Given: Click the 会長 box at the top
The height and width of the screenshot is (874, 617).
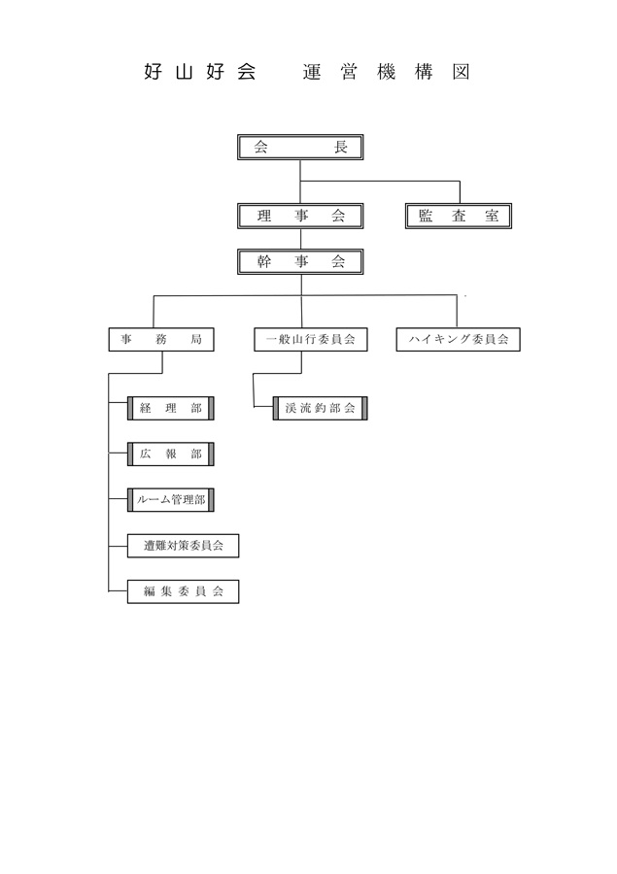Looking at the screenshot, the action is (300, 148).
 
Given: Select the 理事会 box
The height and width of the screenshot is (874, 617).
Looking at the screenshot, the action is (300, 216).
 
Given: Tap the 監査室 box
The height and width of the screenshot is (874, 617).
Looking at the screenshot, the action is (458, 216).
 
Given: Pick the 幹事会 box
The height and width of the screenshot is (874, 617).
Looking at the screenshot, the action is (300, 261).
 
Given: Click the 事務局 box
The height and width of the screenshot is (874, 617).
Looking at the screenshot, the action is (161, 340).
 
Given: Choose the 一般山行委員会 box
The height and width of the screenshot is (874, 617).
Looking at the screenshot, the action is (311, 340).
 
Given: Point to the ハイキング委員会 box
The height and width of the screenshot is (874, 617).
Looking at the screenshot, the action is (458, 340).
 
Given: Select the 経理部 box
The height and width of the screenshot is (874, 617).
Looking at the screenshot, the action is (171, 408).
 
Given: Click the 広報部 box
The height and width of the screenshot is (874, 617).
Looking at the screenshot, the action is (171, 454).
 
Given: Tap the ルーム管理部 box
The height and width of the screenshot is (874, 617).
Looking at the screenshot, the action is (171, 500).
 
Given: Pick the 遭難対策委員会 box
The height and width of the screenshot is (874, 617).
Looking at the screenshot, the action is (183, 546).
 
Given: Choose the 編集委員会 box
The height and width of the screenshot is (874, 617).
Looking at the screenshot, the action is (183, 591).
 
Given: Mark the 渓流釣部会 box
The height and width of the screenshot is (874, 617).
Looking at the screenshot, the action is (321, 408).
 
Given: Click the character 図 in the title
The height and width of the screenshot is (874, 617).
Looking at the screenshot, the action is (461, 72).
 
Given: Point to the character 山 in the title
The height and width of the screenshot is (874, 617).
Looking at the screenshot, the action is (184, 72).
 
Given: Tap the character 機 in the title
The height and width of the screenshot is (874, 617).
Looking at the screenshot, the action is (386, 72).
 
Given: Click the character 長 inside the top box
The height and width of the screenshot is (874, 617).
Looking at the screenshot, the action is (340, 148).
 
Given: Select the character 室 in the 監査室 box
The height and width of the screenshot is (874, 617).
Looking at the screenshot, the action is (492, 216).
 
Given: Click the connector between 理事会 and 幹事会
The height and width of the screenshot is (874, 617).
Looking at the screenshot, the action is (300, 239).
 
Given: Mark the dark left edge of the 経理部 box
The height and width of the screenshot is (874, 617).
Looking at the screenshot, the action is (130, 408).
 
